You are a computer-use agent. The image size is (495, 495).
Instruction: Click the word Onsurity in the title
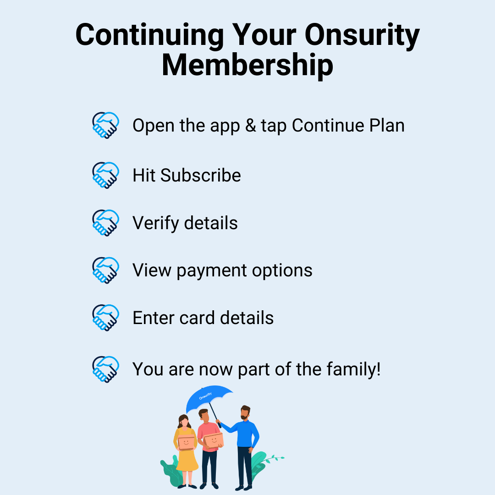pos(362,35)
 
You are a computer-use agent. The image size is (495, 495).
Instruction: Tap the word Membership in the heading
pos(247,65)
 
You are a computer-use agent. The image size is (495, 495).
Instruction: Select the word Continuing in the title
pos(149,35)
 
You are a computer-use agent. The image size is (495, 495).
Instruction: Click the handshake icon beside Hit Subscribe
pos(105,175)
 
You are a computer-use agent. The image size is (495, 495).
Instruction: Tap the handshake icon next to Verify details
pos(105,223)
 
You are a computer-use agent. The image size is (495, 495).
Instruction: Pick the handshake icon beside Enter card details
pos(105,318)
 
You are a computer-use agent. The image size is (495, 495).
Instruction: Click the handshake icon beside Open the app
pos(105,125)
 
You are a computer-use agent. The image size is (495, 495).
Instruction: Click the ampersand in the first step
pos(250,125)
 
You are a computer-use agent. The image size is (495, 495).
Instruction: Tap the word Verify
pos(156,224)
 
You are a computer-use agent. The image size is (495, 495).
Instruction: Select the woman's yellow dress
pos(187,458)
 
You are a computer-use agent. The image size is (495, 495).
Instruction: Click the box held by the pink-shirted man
pos(214,440)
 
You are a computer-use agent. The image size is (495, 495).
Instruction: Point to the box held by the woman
pos(186,442)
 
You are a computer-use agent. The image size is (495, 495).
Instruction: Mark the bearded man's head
pos(245,412)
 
